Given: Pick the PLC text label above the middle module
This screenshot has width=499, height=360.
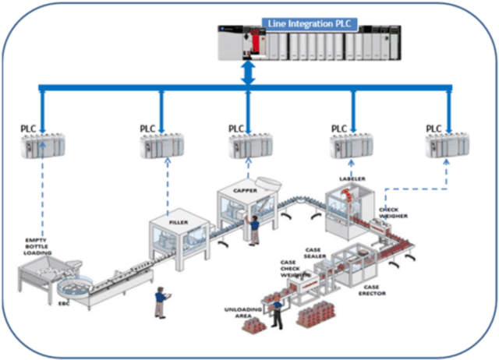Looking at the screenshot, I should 236,129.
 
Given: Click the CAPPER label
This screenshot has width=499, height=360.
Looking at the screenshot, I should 245,190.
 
